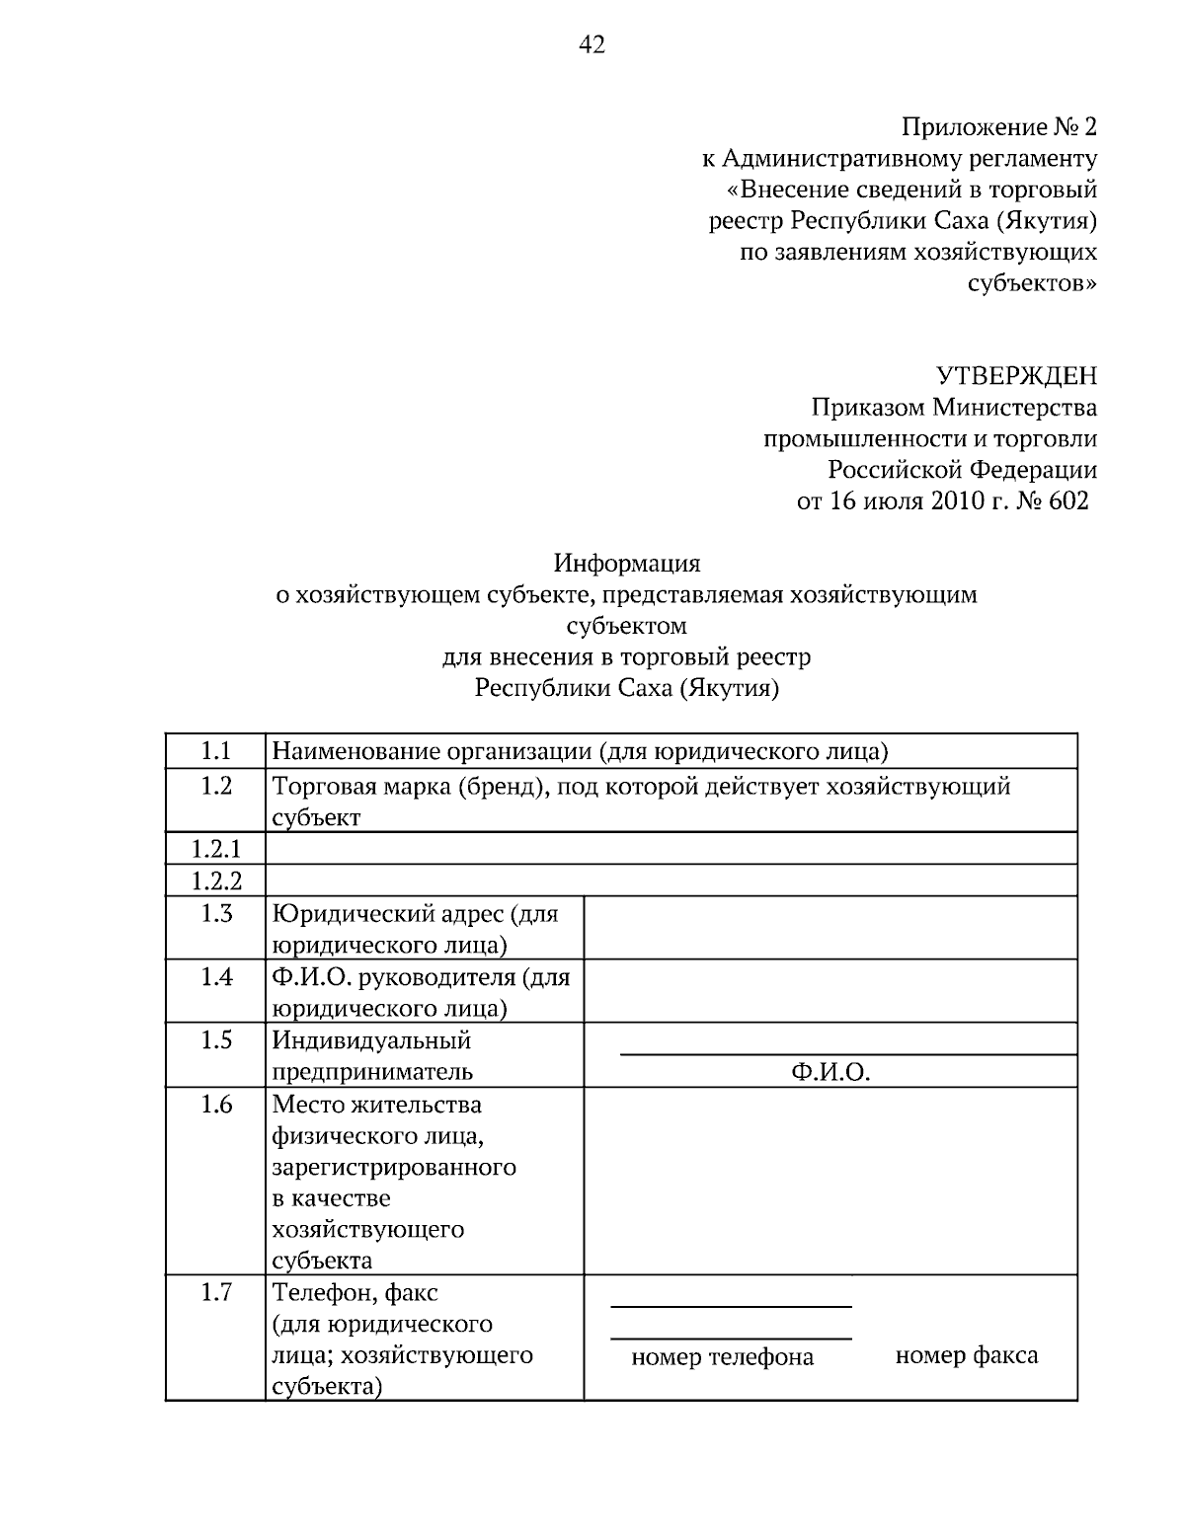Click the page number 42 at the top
(591, 44)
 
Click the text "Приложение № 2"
(998, 127)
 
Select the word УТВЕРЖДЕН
(1015, 376)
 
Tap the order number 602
(1068, 500)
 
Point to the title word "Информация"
(626, 564)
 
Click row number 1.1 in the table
(215, 751)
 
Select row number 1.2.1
(215, 849)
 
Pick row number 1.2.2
(215, 881)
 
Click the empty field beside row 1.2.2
(671, 881)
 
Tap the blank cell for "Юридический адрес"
(829, 928)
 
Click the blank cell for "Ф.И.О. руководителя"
(829, 991)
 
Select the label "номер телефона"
(722, 1357)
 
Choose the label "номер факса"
(966, 1355)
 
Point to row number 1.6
(215, 1104)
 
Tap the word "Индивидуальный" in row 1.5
(371, 1040)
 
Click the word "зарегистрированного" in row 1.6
(394, 1167)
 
